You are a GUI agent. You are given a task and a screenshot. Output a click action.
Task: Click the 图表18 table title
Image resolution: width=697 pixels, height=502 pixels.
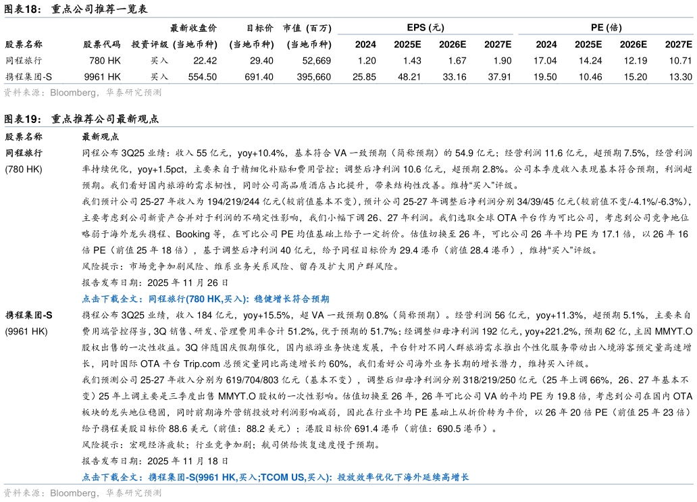pyautogui.click(x=76, y=9)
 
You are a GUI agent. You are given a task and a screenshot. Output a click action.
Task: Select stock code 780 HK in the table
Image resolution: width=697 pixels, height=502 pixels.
pyautogui.click(x=105, y=61)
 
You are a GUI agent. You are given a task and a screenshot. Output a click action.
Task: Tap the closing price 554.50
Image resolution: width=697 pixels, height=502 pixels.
pyautogui.click(x=202, y=77)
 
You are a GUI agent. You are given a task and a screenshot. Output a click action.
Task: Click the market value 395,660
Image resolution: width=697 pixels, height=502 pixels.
pyautogui.click(x=314, y=77)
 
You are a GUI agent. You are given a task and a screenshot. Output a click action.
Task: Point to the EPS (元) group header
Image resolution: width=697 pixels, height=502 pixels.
pyautogui.click(x=425, y=28)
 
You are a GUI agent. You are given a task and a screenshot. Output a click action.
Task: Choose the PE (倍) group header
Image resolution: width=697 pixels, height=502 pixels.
pyautogui.click(x=606, y=28)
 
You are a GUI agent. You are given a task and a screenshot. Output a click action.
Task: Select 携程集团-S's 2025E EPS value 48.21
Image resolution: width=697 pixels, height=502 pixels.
pyautogui.click(x=409, y=77)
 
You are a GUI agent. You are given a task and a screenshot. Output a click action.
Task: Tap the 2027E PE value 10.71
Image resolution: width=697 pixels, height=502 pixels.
pyautogui.click(x=681, y=61)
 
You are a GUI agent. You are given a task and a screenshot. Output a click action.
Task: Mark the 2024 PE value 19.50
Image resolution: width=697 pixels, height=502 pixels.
pyautogui.click(x=545, y=77)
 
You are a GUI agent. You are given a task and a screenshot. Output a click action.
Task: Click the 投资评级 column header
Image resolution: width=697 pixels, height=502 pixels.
pyautogui.click(x=150, y=45)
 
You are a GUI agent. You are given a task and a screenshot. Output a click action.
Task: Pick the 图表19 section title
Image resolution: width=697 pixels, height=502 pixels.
pyautogui.click(x=81, y=119)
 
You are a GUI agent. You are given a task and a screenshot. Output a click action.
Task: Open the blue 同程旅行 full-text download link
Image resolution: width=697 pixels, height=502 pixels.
pyautogui.click(x=206, y=299)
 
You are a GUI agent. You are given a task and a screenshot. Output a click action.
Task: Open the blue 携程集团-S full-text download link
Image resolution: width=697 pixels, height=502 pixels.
pyautogui.click(x=276, y=477)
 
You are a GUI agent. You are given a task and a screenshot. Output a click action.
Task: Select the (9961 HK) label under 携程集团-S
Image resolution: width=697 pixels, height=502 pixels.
pyautogui.click(x=26, y=332)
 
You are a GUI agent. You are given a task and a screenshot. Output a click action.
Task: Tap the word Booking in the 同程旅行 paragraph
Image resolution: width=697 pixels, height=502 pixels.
pyautogui.click(x=192, y=234)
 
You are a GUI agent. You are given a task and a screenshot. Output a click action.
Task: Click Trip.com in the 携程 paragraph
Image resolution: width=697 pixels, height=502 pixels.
pyautogui.click(x=202, y=364)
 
